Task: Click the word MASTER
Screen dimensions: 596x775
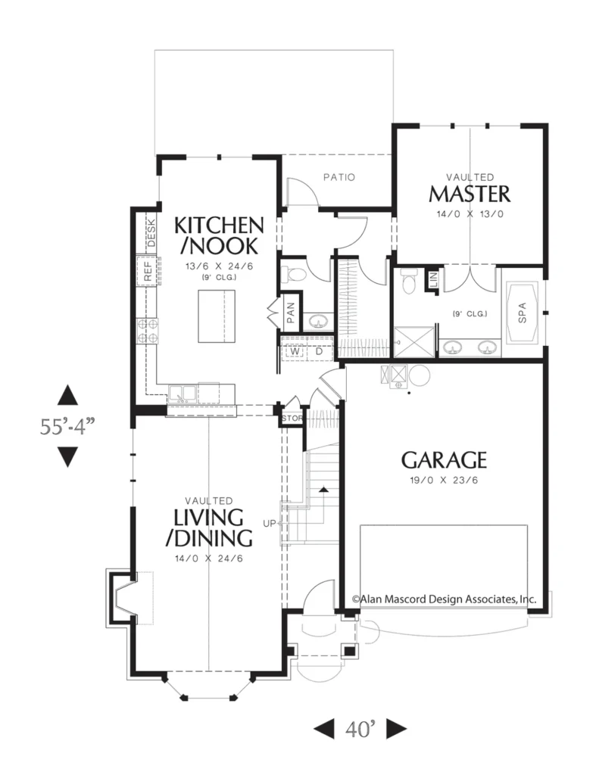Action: tap(470, 194)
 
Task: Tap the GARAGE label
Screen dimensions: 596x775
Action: tap(444, 460)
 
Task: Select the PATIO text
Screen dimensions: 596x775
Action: tap(339, 177)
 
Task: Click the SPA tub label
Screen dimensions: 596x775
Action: tap(523, 313)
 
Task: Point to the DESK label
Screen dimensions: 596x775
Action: tap(151, 233)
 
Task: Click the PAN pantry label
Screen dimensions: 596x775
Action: tap(291, 313)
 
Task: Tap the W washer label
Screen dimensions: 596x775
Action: tap(295, 351)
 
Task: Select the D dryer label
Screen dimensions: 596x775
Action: tap(319, 351)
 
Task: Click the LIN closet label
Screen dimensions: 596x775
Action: tap(432, 280)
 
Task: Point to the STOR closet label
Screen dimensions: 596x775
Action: tap(292, 418)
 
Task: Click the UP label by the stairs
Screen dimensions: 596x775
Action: tap(269, 523)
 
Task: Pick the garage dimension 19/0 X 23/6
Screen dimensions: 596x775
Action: tap(444, 480)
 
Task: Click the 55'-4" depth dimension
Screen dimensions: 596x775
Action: tap(67, 426)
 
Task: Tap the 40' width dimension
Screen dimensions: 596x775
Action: tap(360, 729)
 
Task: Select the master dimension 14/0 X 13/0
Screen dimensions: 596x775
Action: tap(470, 214)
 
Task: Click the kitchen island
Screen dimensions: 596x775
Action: tap(217, 316)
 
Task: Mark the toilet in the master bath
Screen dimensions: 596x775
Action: tap(408, 282)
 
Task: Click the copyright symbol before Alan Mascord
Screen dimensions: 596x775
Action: tap(356, 599)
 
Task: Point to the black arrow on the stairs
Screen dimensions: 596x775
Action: tap(323, 490)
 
